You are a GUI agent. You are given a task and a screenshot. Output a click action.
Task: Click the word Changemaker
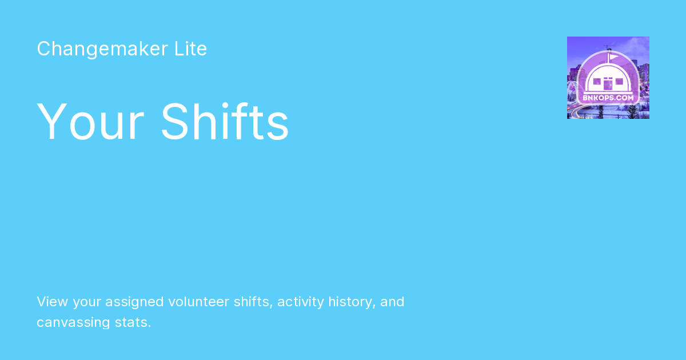coord(102,49)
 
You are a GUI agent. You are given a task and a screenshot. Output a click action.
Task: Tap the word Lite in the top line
coord(190,49)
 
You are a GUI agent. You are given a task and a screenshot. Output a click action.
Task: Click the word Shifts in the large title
coord(225,121)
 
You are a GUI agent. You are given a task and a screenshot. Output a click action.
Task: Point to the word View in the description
coord(52,302)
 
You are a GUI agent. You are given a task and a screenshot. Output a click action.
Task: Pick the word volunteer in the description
coord(199,302)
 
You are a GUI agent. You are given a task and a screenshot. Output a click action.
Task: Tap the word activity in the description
coord(301,302)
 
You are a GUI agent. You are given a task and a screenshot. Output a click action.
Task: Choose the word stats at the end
coord(133,322)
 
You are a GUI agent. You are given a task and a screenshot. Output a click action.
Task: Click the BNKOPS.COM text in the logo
coord(608,98)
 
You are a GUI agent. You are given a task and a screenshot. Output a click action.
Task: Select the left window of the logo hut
coord(597,81)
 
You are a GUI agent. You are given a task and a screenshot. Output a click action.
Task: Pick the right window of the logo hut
coord(619,81)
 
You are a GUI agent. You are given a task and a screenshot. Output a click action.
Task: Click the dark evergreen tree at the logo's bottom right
coord(632,111)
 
